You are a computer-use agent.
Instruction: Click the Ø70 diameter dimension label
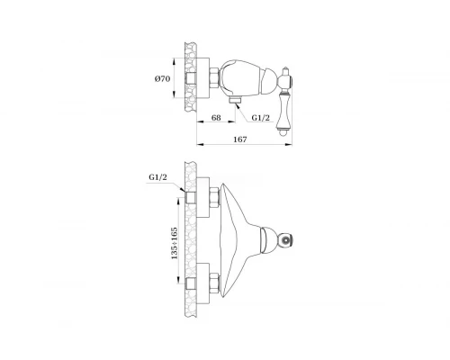click(x=162, y=79)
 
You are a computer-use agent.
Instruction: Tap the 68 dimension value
click(x=216, y=118)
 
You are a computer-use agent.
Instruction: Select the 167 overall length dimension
click(x=240, y=139)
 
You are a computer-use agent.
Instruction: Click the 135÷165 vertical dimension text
click(x=175, y=243)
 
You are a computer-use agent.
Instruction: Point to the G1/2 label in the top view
click(x=260, y=118)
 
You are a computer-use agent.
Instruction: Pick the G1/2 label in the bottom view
click(x=157, y=177)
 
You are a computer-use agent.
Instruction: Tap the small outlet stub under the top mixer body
click(x=236, y=100)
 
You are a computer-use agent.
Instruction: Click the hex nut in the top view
click(x=214, y=78)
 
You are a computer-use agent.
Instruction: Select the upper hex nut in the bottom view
click(x=215, y=197)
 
